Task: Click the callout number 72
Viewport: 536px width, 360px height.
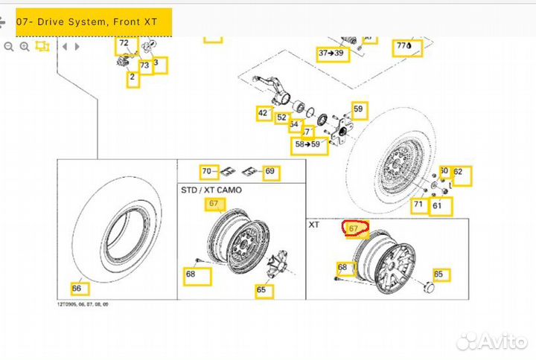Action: click(124, 44)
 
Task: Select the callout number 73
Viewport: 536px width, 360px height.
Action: click(144, 65)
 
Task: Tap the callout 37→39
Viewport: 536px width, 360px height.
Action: click(331, 54)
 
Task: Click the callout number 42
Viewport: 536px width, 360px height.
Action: click(263, 114)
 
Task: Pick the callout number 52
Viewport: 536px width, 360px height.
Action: click(281, 118)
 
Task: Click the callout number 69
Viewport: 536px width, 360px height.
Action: click(269, 172)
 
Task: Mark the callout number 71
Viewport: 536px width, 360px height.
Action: click(418, 205)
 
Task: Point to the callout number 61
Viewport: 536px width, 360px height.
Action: click(437, 205)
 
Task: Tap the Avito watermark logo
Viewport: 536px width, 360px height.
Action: click(491, 341)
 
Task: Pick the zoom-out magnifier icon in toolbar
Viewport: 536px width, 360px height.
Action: click(9, 46)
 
